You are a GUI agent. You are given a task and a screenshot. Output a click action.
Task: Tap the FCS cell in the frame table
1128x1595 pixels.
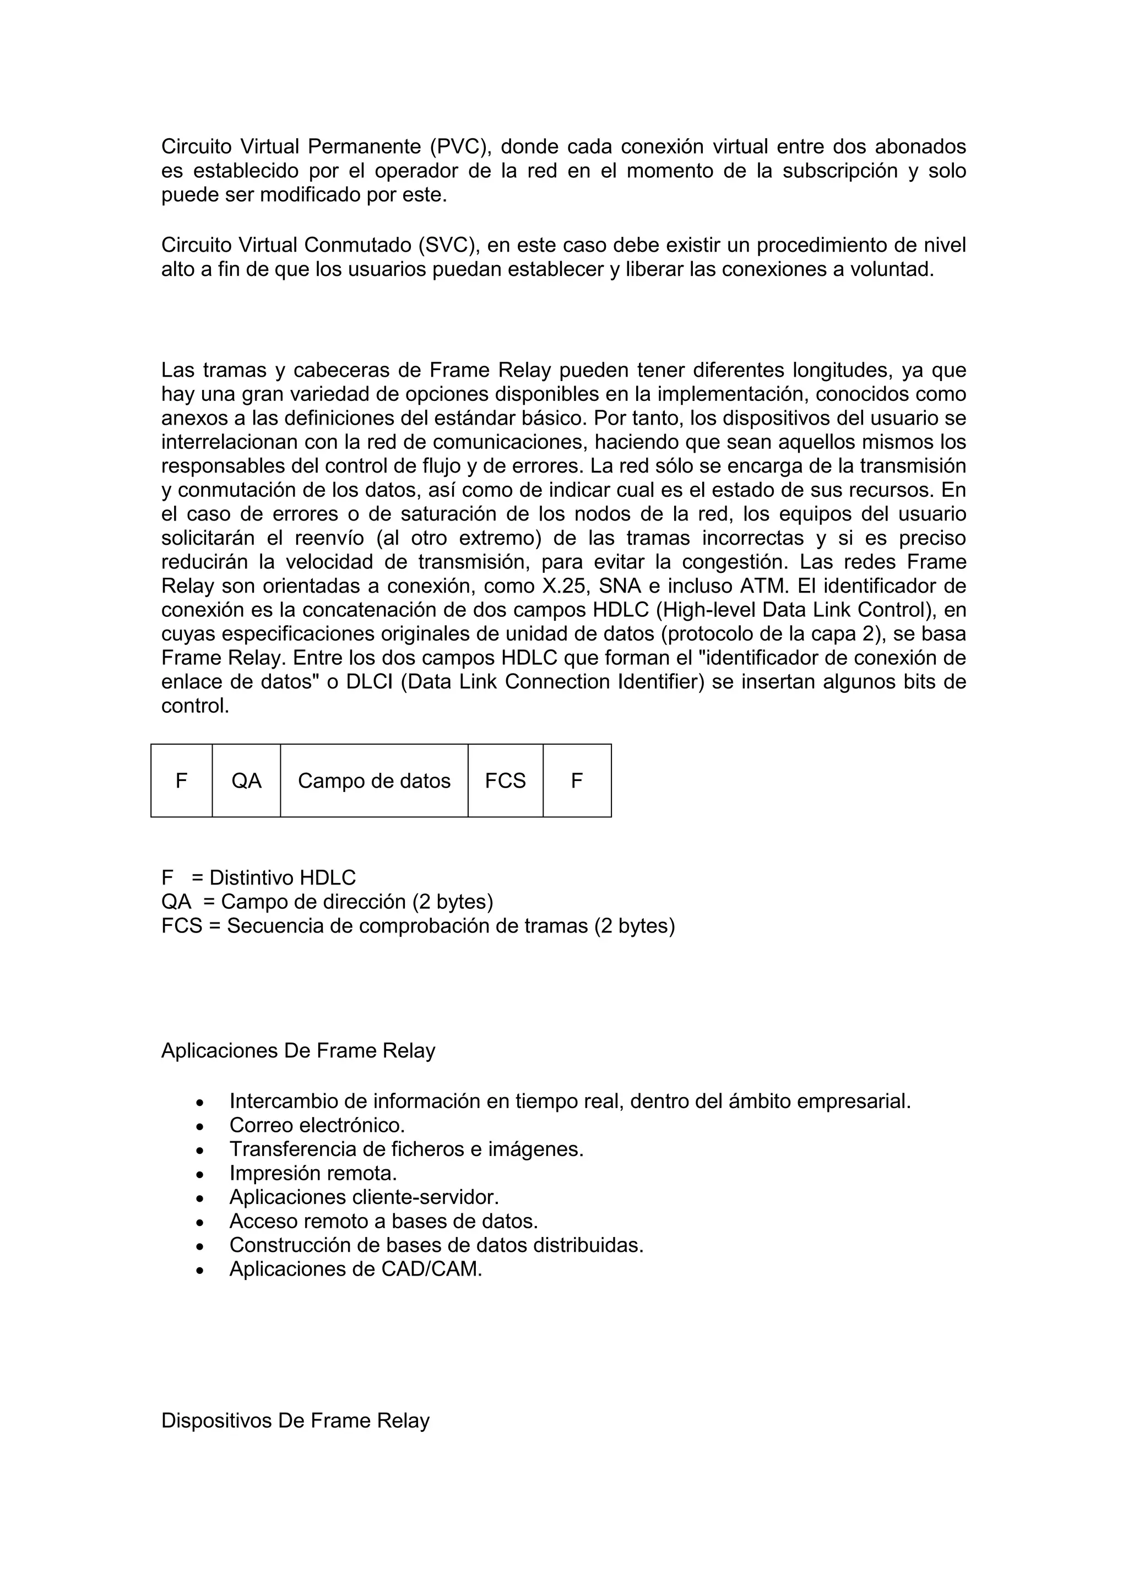[505, 781]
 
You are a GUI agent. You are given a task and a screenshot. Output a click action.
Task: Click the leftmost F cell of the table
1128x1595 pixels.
[181, 781]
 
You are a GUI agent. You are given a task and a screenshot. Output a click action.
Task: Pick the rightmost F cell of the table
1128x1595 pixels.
[577, 781]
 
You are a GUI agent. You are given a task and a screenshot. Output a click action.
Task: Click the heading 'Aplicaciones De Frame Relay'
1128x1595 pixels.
[298, 1050]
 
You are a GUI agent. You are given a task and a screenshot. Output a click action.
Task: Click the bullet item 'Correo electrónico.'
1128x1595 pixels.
[317, 1125]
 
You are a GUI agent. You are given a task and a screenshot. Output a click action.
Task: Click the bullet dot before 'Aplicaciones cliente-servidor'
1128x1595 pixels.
[200, 1198]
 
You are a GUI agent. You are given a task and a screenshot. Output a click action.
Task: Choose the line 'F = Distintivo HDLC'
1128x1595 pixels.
[258, 877]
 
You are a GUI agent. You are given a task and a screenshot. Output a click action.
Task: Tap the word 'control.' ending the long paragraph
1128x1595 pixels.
[194, 706]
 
